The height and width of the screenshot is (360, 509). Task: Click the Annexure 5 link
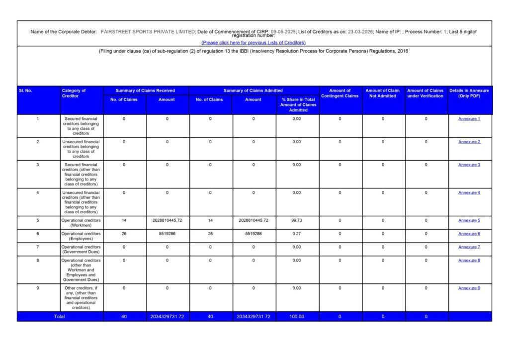pyautogui.click(x=469, y=220)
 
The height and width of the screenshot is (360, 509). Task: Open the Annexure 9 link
pyautogui.click(x=469, y=288)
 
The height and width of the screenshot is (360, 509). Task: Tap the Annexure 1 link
pyautogui.click(x=469, y=119)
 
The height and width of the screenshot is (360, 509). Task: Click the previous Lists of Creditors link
pyautogui.click(x=254, y=43)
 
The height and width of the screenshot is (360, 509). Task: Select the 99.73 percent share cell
pyautogui.click(x=297, y=220)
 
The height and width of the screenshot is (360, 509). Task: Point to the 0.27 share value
pyautogui.click(x=297, y=234)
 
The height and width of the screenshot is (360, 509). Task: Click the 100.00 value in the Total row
pyautogui.click(x=297, y=316)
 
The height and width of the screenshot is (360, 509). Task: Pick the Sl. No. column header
pyautogui.click(x=25, y=90)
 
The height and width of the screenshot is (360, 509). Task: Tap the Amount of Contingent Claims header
pyautogui.click(x=340, y=93)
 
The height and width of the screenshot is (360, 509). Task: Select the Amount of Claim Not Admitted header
pyautogui.click(x=383, y=93)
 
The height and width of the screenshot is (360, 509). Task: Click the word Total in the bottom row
pyautogui.click(x=59, y=316)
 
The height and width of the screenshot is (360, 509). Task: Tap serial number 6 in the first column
pyautogui.click(x=38, y=234)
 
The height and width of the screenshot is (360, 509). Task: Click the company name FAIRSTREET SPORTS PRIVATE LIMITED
pyautogui.click(x=148, y=32)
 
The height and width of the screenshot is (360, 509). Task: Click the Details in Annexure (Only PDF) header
pyautogui.click(x=469, y=93)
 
